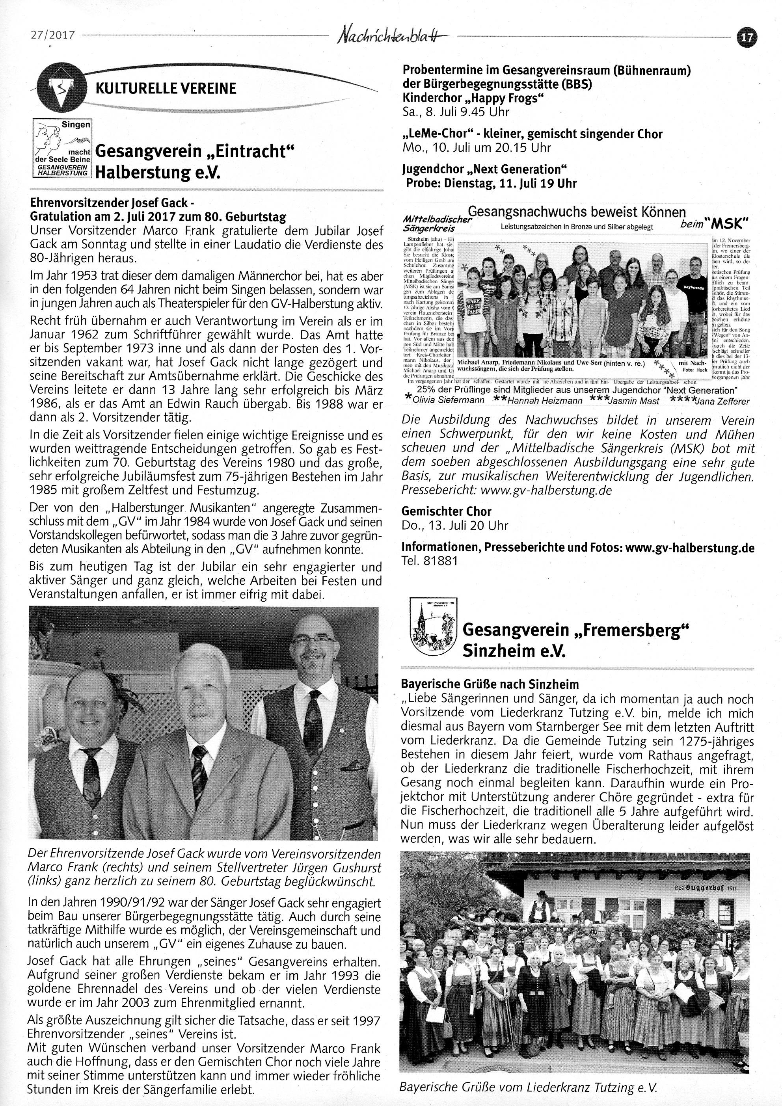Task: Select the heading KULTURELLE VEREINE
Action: tap(166, 89)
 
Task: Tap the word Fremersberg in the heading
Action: tap(629, 630)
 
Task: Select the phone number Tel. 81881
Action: tap(429, 561)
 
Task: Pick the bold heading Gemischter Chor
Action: tap(446, 511)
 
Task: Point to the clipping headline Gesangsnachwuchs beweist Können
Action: tap(577, 212)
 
